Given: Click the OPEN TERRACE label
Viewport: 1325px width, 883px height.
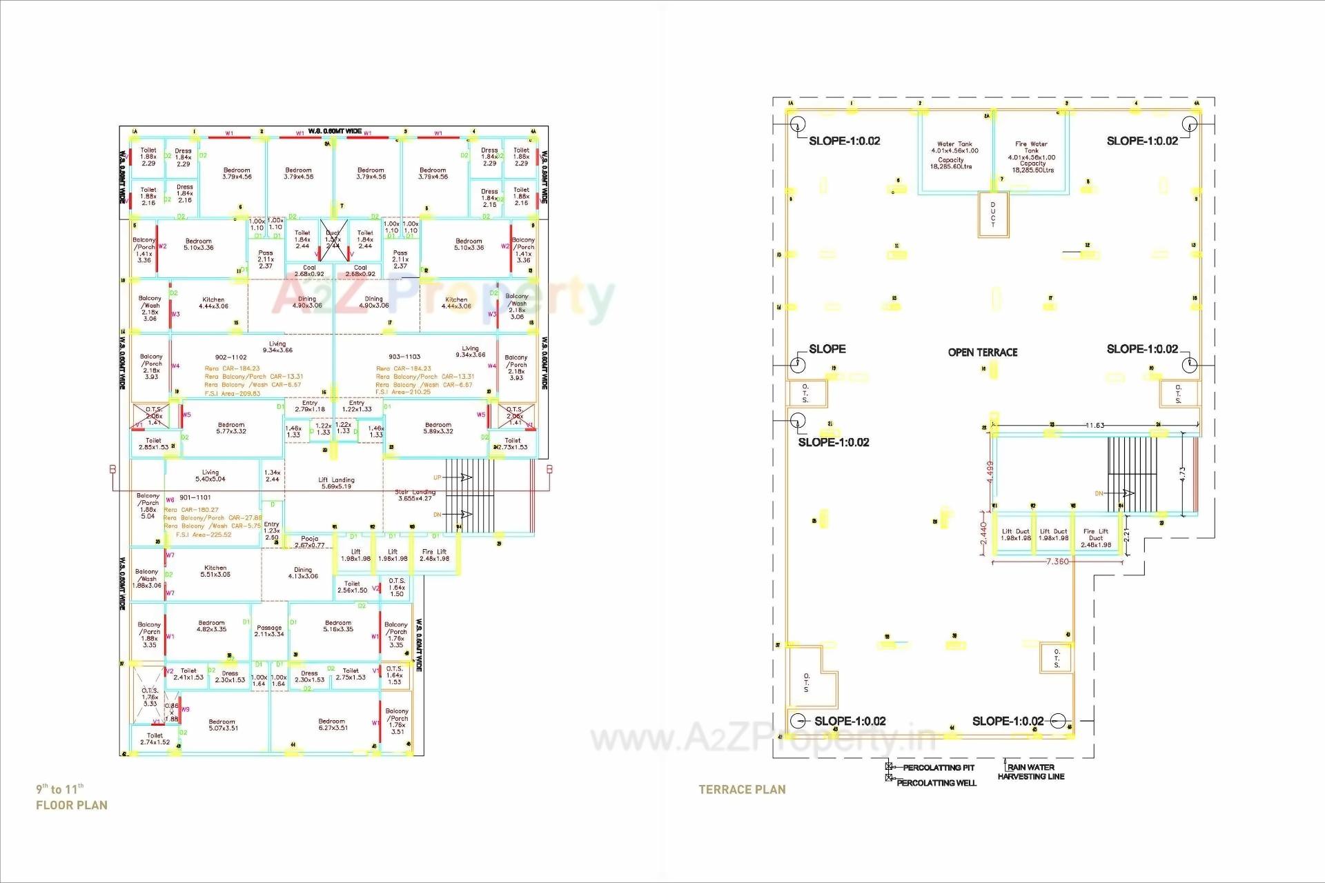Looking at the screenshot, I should [982, 353].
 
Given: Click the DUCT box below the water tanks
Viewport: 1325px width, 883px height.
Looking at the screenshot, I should [993, 215].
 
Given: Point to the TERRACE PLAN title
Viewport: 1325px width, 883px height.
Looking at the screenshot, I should [742, 790].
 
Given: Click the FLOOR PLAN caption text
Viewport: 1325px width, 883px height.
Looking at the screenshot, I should [72, 805].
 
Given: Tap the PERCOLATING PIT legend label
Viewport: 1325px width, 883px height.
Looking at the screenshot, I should [939, 768].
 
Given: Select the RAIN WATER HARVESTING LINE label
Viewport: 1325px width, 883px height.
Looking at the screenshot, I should [1031, 772].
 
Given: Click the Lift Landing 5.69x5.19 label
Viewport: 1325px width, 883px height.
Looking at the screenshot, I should [336, 483].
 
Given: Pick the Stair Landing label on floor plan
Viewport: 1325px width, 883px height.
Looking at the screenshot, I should [414, 495].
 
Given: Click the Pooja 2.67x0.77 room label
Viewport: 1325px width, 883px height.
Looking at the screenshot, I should [309, 542].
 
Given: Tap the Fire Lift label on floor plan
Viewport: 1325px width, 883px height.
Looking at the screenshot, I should [434, 555].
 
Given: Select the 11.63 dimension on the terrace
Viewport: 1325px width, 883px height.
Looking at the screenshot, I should [1095, 426].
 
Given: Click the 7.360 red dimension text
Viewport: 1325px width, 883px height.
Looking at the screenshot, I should [1057, 562].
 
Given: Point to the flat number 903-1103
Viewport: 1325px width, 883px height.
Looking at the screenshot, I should [404, 357].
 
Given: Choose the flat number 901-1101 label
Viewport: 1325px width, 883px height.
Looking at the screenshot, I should [195, 497].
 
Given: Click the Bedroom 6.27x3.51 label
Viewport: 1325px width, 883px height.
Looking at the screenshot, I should [332, 724].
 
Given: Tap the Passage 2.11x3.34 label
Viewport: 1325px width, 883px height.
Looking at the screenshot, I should [269, 631].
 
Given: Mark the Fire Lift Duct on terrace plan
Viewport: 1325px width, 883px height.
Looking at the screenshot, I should [1096, 538].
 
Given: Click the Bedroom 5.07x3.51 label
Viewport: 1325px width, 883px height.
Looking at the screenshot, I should [222, 724].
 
